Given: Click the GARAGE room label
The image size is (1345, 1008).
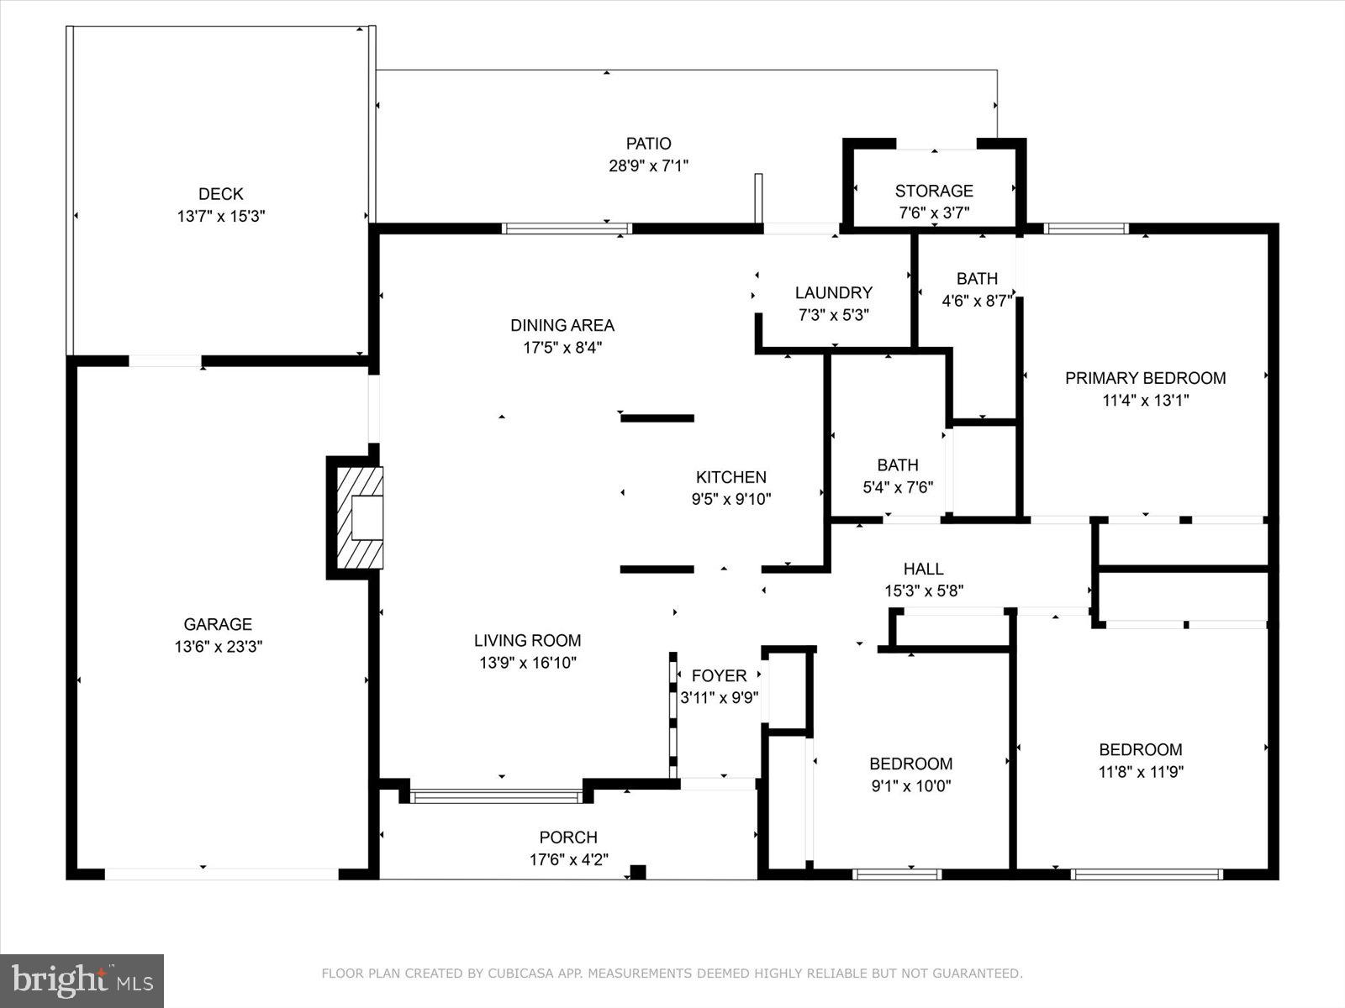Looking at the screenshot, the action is tap(218, 624).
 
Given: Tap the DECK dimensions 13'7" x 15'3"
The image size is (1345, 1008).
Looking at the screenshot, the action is tap(220, 216).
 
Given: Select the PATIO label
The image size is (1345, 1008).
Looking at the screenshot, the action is tap(648, 144).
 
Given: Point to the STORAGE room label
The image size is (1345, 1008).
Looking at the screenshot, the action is tap(934, 191).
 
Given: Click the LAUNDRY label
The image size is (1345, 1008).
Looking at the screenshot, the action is tap(833, 292).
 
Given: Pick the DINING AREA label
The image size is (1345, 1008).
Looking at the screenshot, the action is tap(562, 325).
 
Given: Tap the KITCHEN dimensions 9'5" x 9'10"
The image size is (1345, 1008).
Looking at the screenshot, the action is tap(731, 500).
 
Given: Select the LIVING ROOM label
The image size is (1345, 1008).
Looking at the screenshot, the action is tap(527, 640).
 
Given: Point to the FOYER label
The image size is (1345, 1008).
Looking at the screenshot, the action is tap(719, 675).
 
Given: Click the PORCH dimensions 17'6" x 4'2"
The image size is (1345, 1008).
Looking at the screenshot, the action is tap(568, 860).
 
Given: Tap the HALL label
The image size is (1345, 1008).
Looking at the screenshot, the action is tap(923, 570).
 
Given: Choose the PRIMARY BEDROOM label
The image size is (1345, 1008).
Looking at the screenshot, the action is tap(1145, 378).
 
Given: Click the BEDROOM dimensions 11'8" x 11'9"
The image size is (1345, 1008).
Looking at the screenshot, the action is tap(1141, 772).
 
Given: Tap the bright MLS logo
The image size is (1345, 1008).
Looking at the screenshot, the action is tap(82, 981).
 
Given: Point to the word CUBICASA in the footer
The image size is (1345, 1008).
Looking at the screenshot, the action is tap(521, 973).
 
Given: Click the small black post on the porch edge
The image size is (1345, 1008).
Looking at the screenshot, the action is tap(638, 872).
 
